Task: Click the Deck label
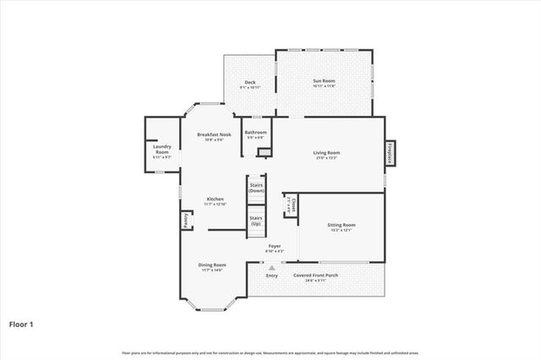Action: click(250, 83)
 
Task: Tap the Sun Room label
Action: click(324, 81)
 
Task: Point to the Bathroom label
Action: click(255, 133)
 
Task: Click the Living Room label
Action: click(326, 154)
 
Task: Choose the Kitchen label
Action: click(215, 199)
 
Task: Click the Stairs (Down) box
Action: click(256, 188)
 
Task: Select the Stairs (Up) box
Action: click(256, 220)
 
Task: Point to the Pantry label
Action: click(185, 220)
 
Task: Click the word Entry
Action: click(271, 275)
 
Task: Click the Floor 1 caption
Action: click(22, 323)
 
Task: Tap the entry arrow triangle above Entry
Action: click(271, 266)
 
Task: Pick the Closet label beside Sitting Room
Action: click(290, 204)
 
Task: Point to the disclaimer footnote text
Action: click(270, 352)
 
